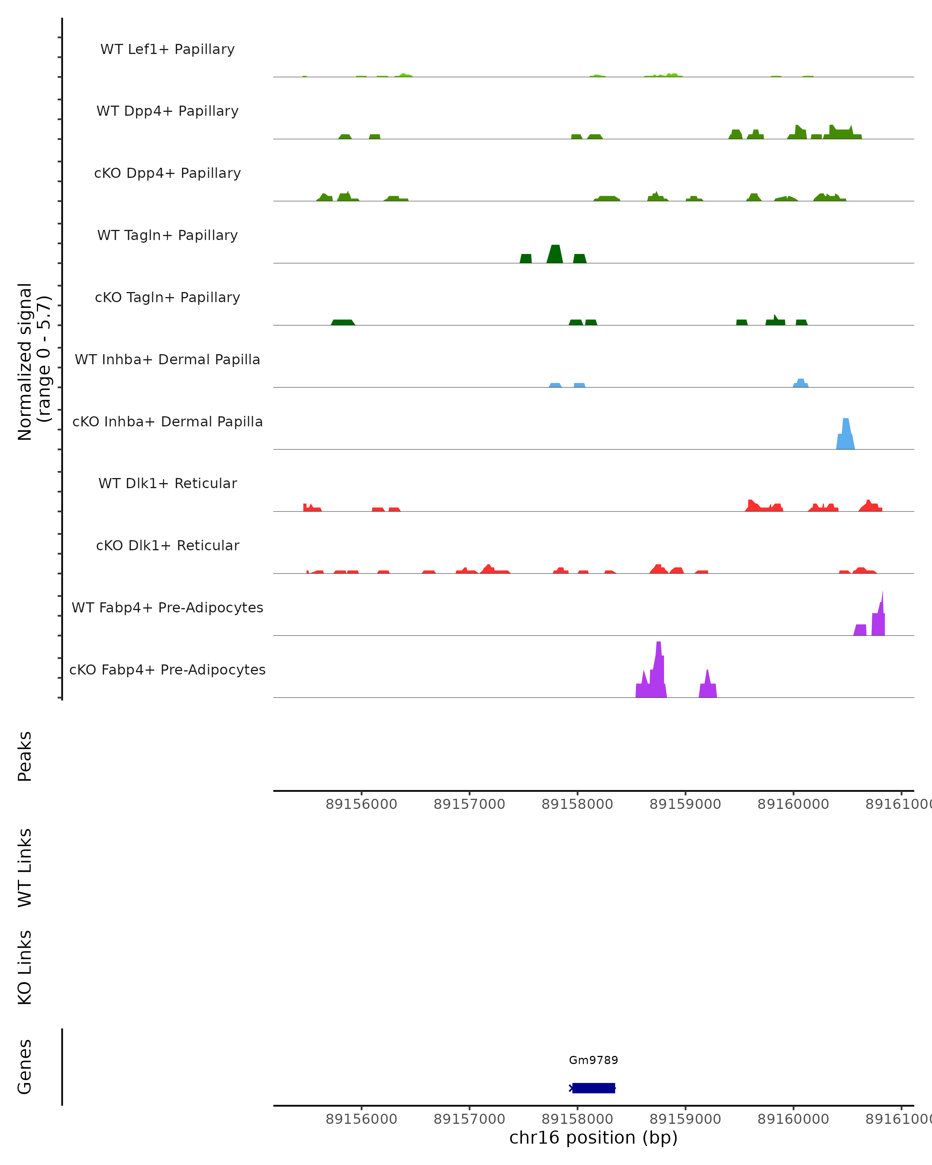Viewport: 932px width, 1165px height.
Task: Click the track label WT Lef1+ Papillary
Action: click(x=167, y=49)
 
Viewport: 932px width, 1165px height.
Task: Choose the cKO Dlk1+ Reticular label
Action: click(x=167, y=545)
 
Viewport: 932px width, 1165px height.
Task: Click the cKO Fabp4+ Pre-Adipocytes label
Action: click(x=167, y=669)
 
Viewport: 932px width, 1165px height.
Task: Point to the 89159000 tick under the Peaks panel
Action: click(x=685, y=804)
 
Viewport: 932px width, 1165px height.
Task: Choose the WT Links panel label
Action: click(x=25, y=868)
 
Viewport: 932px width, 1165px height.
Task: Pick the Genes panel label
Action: click(x=25, y=1067)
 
